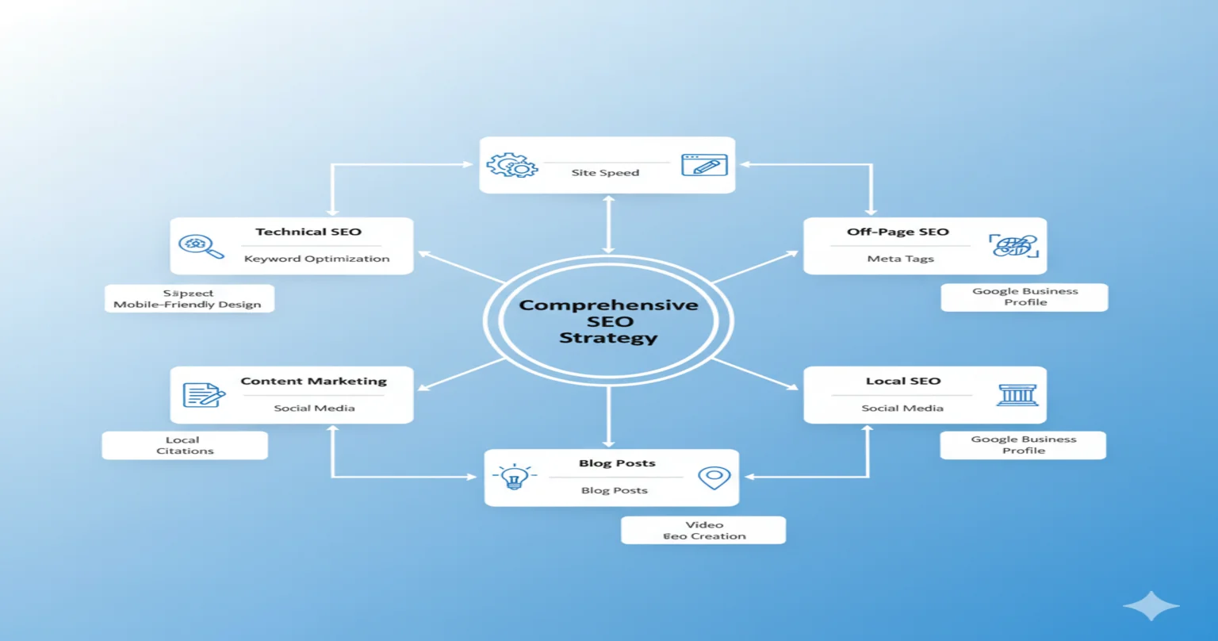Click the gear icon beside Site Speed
(x=512, y=165)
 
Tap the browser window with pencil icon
(x=704, y=165)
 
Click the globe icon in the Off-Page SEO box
(x=1014, y=245)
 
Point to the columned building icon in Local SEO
(x=1017, y=394)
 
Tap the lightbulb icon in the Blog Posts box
(x=514, y=477)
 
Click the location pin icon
(x=713, y=478)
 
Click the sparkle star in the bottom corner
(x=1151, y=605)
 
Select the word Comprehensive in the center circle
(x=608, y=305)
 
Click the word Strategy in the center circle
(x=608, y=338)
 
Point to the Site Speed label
(x=605, y=173)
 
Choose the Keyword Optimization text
(x=316, y=259)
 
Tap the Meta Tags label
(x=900, y=259)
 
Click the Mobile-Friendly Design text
(x=187, y=305)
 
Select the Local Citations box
(x=185, y=445)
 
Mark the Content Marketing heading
(x=313, y=382)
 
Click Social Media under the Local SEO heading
(x=902, y=408)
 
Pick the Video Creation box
(x=703, y=530)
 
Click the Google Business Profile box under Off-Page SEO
(x=1025, y=297)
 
